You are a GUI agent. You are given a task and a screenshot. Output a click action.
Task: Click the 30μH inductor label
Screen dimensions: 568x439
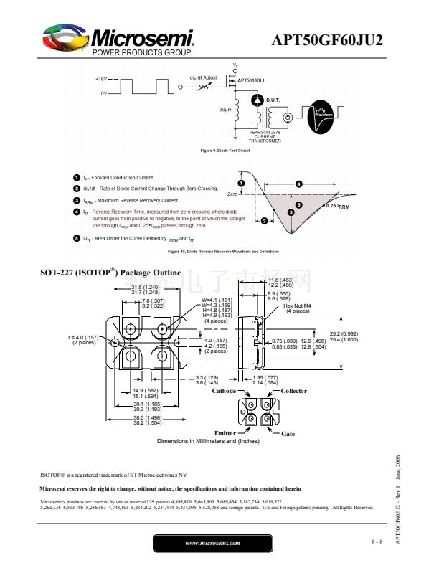[x=225, y=110]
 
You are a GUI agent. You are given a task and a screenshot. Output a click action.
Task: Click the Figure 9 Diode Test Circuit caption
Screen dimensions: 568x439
[x=225, y=151]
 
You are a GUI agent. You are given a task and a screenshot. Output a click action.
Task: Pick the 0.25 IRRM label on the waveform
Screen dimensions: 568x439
[x=337, y=206]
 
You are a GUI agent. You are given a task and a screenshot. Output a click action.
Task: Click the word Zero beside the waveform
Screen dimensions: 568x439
[x=232, y=194]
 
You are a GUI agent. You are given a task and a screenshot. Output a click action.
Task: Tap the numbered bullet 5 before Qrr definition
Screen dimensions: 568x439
[x=77, y=237]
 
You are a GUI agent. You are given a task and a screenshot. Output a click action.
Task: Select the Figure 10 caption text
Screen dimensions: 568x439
[x=223, y=252]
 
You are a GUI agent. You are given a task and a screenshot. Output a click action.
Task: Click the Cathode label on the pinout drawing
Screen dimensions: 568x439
[x=225, y=391]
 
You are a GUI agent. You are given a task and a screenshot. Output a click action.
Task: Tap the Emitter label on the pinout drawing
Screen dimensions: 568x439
[x=225, y=433]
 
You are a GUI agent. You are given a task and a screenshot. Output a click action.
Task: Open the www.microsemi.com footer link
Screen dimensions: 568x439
[x=212, y=543]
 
